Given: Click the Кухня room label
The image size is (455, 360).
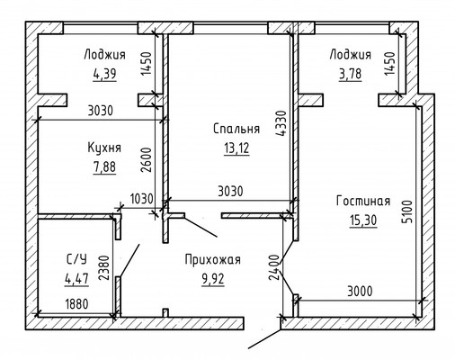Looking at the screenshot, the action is tap(104, 148).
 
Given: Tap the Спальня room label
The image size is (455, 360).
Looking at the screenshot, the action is tap(236, 129).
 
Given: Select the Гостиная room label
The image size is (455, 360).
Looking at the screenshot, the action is tap(363, 201).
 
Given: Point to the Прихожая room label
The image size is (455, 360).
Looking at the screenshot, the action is tap(212, 259).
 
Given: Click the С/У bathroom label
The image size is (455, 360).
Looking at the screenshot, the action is tap(76, 259).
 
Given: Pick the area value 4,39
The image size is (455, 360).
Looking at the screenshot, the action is tap(104, 74).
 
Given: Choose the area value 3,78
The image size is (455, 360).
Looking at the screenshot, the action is tap(350, 74).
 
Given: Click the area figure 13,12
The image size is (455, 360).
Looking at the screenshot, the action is tap(236, 148).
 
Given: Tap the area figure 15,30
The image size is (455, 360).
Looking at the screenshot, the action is tap(363, 220).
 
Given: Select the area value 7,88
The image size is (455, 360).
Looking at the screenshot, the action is tap(104, 167).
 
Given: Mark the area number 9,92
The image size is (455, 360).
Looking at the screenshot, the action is tap(213, 279).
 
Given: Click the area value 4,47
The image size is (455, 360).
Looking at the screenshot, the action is tap(76, 279).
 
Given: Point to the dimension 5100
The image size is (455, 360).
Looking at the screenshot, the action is tap(407, 211).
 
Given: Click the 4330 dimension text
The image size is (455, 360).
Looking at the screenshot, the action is tap(281, 123).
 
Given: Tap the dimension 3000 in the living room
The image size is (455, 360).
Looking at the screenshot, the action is tap(360, 291).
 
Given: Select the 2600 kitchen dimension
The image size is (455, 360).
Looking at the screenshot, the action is tap(147, 159).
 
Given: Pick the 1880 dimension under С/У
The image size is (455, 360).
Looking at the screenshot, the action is tap(76, 304).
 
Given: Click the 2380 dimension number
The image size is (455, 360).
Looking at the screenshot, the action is tap(103, 267).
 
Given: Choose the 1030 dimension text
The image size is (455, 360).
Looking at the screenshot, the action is tap(142, 199).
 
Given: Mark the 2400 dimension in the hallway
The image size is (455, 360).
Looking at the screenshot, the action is tap(273, 267).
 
